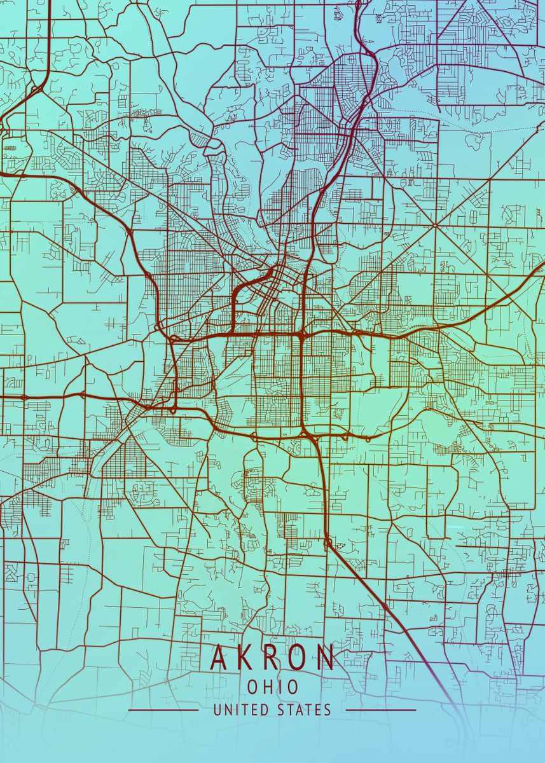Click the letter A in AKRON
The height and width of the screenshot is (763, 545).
pyautogui.click(x=219, y=658)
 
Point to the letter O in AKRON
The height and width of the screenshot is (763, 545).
pyautogui.click(x=299, y=658)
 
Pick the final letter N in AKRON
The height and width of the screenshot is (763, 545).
pyautogui.click(x=326, y=658)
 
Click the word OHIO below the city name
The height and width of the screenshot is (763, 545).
pyautogui.click(x=272, y=687)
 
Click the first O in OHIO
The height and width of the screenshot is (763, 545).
pyautogui.click(x=252, y=687)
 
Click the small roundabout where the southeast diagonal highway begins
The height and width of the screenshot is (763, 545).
pyautogui.click(x=328, y=542)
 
